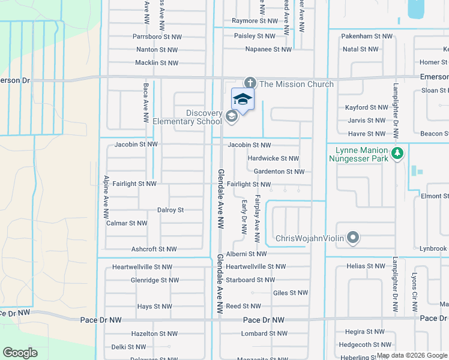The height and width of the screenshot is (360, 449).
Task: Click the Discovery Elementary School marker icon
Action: point(231,116)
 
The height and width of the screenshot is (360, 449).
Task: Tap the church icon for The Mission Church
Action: point(250,83)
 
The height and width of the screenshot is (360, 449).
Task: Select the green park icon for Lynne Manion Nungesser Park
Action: point(396,154)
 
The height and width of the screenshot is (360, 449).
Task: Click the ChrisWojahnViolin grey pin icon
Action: point(354,238)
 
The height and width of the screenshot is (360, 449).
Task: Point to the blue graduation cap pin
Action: point(243,99)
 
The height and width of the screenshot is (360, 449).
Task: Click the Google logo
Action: point(20,353)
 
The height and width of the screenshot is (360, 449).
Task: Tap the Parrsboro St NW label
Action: point(157,37)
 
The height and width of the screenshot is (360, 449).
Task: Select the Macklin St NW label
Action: point(157,63)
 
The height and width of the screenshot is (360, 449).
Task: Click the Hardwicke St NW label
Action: point(273,158)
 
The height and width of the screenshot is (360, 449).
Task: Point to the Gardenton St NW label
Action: point(279,172)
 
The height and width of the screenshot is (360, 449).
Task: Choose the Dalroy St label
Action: point(170,210)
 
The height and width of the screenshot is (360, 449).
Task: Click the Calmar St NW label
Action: point(126,223)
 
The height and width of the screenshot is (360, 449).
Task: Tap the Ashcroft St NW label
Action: point(154,249)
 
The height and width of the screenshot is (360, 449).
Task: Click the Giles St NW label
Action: point(291,293)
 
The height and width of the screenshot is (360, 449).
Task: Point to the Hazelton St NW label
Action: point(155,333)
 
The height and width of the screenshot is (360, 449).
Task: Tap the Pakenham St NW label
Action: point(367,36)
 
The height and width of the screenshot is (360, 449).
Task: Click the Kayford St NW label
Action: point(367,107)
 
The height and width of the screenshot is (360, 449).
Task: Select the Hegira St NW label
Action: point(365,331)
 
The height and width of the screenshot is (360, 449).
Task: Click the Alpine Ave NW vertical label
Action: point(106,197)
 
